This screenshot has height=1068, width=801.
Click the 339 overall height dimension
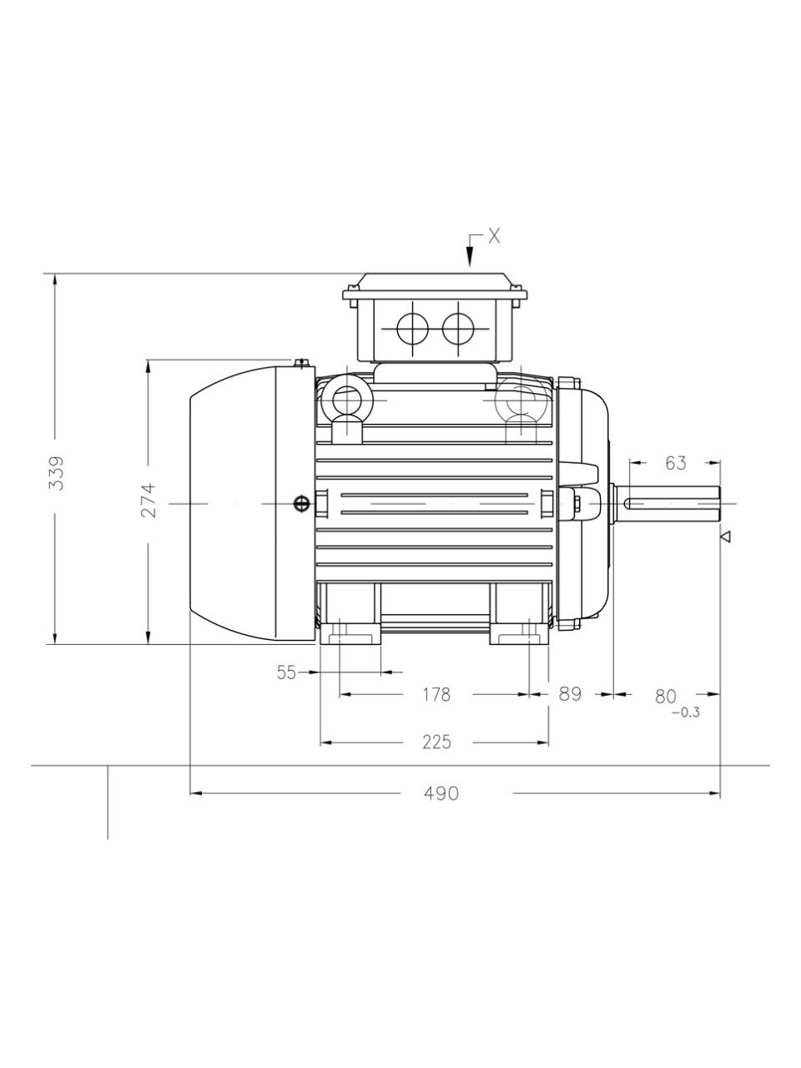pos(57,472)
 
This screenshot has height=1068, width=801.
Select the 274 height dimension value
pos(149,500)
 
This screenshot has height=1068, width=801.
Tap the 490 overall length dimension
pos(441,793)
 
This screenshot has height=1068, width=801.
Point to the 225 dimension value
pos(436,742)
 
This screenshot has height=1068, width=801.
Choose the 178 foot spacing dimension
pos(436,694)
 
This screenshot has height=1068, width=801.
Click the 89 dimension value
pos(570,694)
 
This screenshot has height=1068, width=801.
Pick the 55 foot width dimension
pos(286,673)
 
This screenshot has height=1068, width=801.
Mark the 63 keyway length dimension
pos(676,463)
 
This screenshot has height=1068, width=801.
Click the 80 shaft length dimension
pos(665,696)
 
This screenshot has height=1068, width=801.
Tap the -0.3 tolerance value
pos(686,713)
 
